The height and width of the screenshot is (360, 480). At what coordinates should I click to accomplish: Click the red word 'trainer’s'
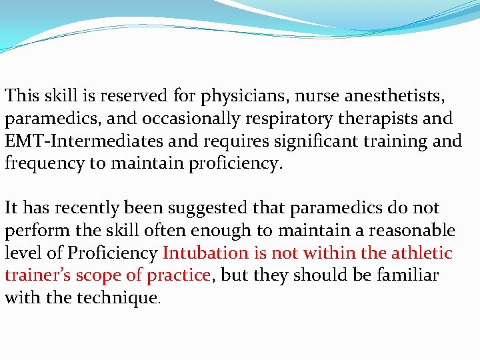(38, 275)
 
